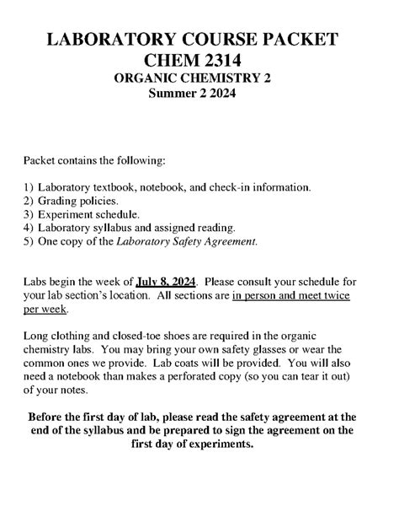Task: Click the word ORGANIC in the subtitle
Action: (151, 79)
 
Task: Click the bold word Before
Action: (52, 417)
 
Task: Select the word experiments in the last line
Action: (220, 444)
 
